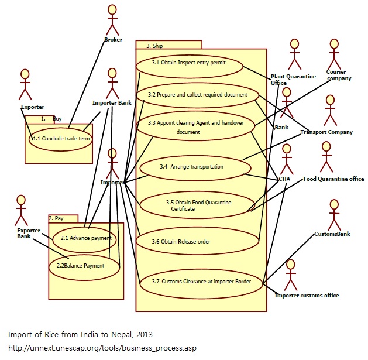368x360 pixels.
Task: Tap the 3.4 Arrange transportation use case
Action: click(x=191, y=167)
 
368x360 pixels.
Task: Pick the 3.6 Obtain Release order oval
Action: click(x=197, y=241)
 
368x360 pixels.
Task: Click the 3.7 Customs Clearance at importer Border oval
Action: click(x=201, y=282)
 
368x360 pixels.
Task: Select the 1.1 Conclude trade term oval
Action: click(x=61, y=139)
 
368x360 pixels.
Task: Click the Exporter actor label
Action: click(x=32, y=107)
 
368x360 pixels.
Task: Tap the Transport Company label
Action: click(x=326, y=132)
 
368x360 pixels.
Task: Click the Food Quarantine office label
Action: click(x=333, y=179)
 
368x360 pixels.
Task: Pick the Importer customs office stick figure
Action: click(x=290, y=275)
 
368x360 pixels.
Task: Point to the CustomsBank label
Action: click(x=332, y=234)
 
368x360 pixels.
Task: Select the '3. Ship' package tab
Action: click(x=168, y=44)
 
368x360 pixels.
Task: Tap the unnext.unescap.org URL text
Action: click(x=102, y=348)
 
